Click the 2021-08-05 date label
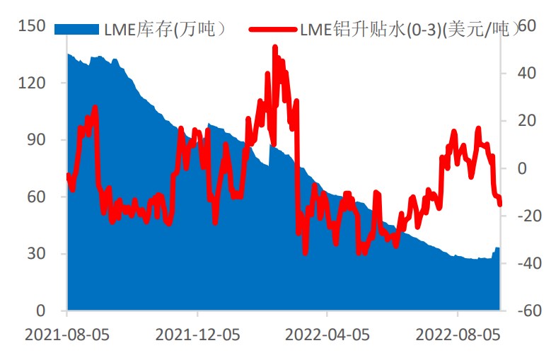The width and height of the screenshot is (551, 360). pos(67,333)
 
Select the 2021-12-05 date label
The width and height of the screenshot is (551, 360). pos(197,333)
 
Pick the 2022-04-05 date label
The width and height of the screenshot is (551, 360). pos(327,333)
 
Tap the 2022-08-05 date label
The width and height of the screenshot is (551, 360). pos(458,333)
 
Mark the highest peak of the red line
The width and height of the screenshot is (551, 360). pos(274,48)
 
